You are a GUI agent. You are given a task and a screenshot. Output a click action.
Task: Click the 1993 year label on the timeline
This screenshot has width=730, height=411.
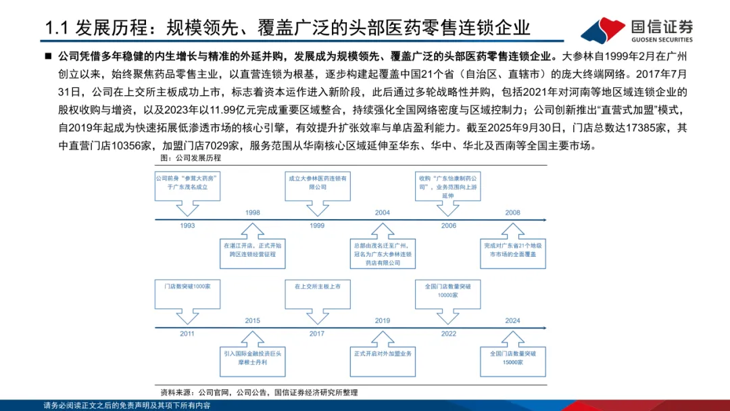pos(187,225)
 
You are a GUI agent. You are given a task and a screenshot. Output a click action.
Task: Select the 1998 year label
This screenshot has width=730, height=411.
pos(253,212)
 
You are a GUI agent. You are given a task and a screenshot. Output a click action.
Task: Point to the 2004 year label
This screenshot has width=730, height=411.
pos(383,212)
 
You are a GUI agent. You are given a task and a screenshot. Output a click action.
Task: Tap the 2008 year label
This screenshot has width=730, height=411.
pos(513,212)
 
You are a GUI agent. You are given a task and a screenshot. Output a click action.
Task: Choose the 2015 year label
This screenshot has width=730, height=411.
pos(253,320)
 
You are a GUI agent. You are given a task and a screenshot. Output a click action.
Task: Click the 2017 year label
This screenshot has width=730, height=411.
pos(318,333)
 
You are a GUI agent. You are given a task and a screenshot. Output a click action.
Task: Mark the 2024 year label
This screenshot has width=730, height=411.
pos(513,320)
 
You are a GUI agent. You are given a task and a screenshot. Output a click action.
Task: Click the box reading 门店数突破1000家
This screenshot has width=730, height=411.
pos(187,287)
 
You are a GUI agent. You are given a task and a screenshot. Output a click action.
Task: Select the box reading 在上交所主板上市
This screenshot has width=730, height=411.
pos(318,287)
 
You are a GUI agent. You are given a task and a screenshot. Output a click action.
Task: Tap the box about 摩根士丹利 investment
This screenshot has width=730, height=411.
pos(253,357)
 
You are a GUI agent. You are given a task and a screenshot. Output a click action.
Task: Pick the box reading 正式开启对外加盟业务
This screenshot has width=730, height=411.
pos(383,354)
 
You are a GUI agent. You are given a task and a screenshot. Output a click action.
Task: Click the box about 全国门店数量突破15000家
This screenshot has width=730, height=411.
pos(513,357)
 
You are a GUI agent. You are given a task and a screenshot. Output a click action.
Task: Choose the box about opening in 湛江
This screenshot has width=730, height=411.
pos(253,249)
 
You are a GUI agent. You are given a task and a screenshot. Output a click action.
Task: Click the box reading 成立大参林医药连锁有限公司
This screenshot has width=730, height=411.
pos(318,183)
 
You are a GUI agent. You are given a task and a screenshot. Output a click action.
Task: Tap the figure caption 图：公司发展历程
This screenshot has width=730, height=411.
pos(191,158)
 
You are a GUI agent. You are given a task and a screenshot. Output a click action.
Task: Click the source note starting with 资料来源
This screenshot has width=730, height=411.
pos(259,392)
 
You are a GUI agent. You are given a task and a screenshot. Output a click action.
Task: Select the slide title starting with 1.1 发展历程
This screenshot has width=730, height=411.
pos(287,28)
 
